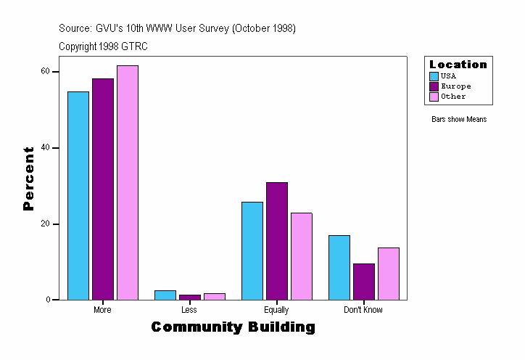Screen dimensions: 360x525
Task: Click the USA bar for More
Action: (78, 195)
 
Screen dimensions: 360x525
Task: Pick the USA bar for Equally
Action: (252, 250)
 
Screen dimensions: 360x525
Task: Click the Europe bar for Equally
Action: (277, 241)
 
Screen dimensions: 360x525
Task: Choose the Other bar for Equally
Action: (302, 256)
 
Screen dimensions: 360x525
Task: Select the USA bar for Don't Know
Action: (339, 267)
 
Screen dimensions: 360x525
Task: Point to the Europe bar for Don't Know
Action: (364, 282)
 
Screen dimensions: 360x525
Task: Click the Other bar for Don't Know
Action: (389, 274)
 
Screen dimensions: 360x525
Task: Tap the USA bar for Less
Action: (165, 295)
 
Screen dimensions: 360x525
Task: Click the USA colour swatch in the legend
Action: (434, 76)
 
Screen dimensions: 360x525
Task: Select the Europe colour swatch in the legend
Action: (434, 86)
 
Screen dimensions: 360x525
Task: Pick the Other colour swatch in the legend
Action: (434, 97)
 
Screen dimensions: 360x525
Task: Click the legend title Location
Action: (458, 65)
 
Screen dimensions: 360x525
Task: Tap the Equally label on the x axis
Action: (276, 310)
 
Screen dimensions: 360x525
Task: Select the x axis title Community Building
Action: (233, 327)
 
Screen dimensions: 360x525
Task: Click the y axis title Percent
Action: (28, 179)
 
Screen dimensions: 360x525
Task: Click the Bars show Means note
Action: (458, 120)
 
